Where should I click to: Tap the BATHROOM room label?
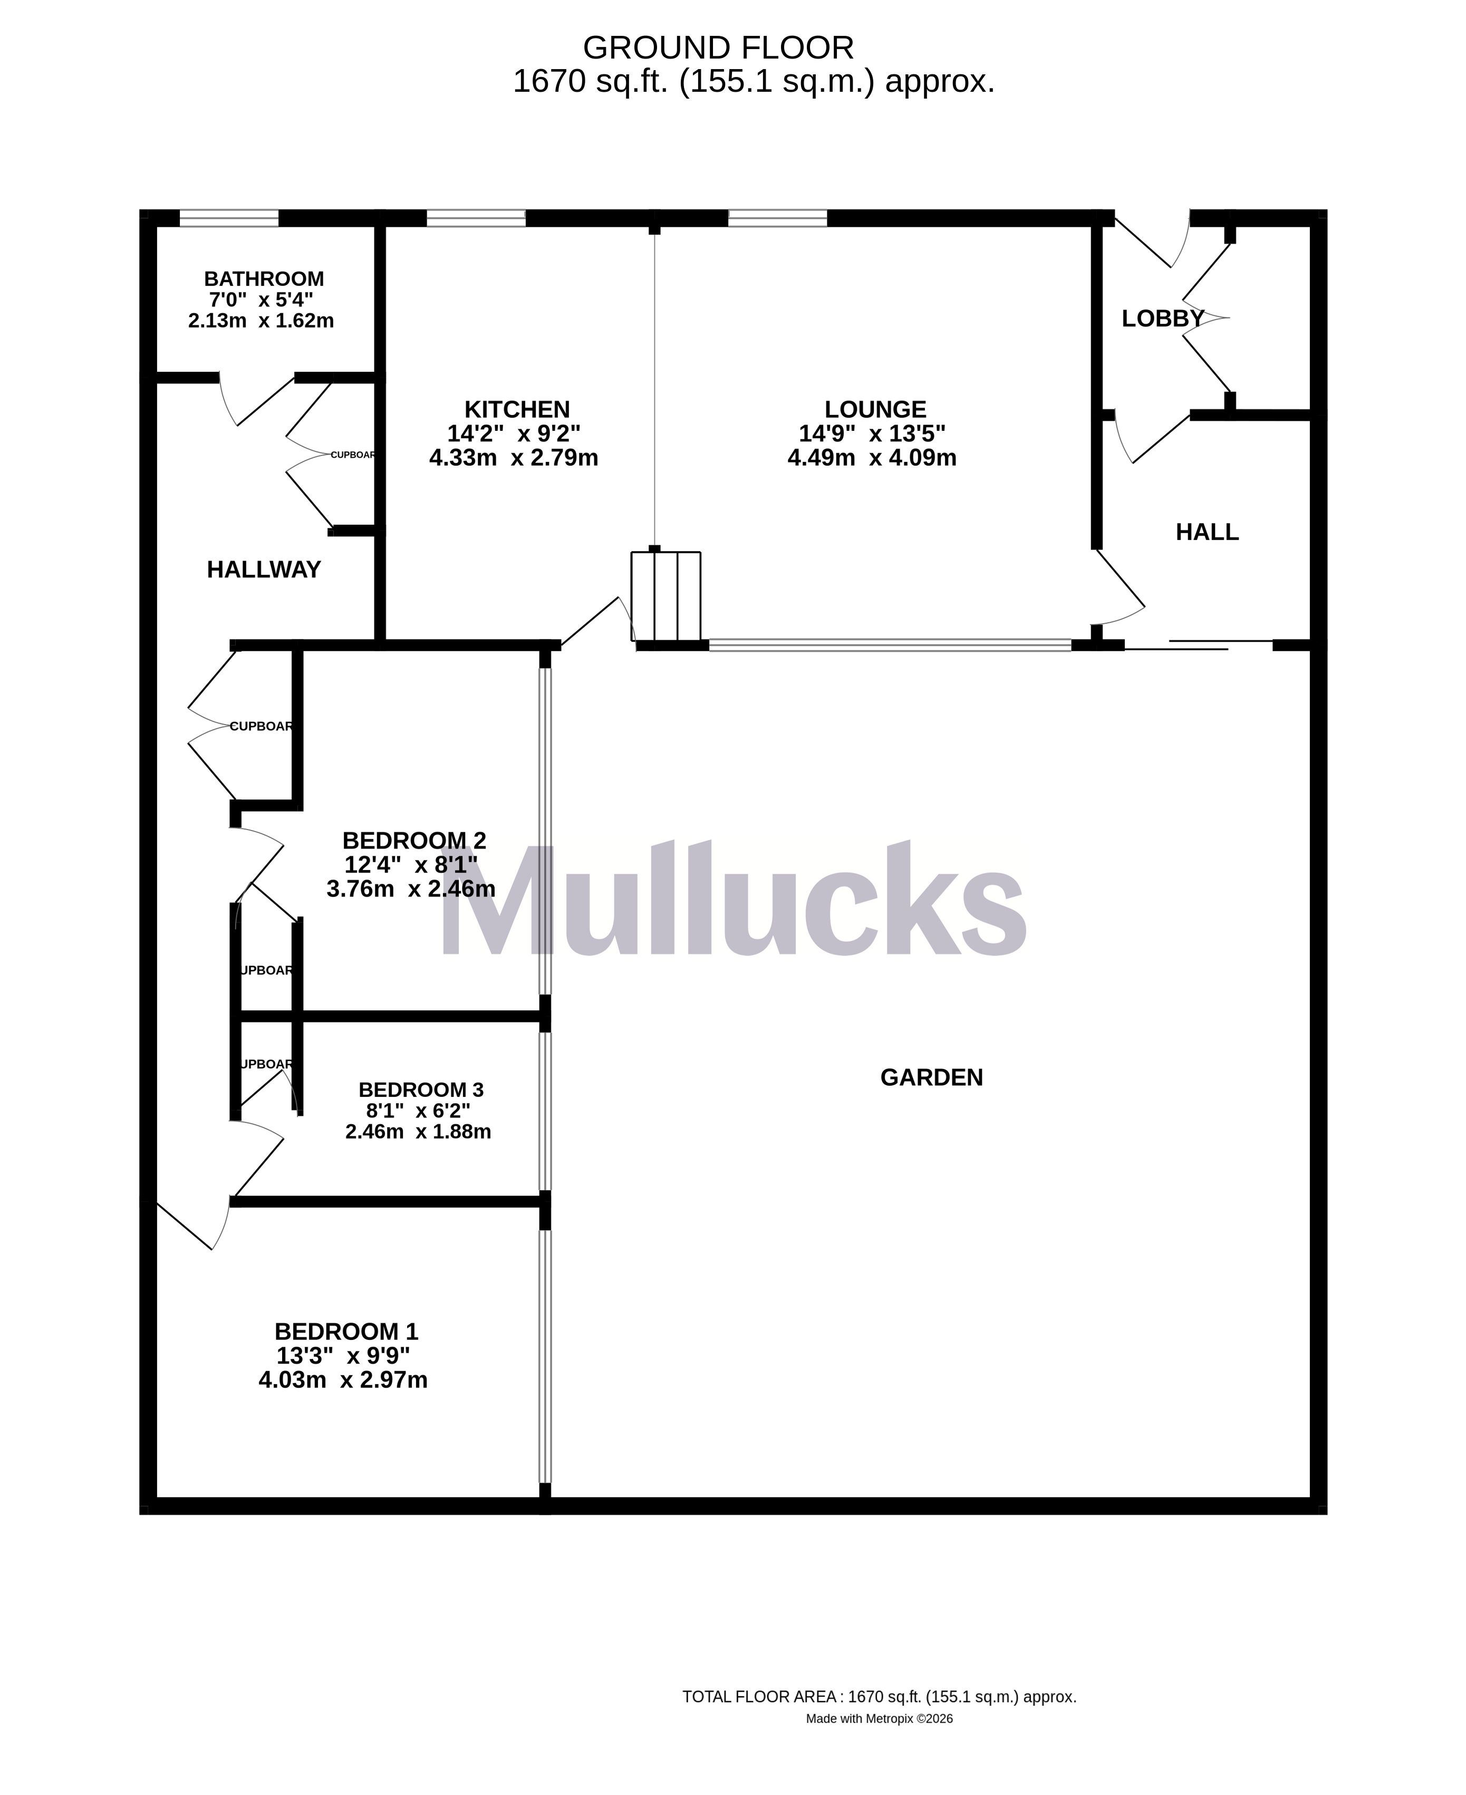click(x=264, y=278)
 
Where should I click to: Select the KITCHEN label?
click(x=517, y=410)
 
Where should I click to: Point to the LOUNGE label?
click(x=875, y=410)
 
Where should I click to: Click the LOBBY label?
click(x=1162, y=319)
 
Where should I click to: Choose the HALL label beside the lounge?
click(x=1207, y=532)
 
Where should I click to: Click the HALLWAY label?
click(x=264, y=570)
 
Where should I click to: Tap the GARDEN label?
click(x=931, y=1077)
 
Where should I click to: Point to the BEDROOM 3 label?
click(x=420, y=1090)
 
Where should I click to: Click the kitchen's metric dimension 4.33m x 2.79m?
click(x=514, y=458)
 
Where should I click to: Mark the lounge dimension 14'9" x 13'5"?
click(x=872, y=434)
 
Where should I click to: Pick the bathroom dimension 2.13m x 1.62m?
click(x=261, y=321)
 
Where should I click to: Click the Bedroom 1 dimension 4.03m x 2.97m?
click(x=343, y=1381)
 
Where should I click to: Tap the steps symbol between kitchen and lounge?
click(x=666, y=596)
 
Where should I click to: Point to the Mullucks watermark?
click(x=732, y=902)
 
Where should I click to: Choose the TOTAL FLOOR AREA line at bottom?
click(x=879, y=1696)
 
